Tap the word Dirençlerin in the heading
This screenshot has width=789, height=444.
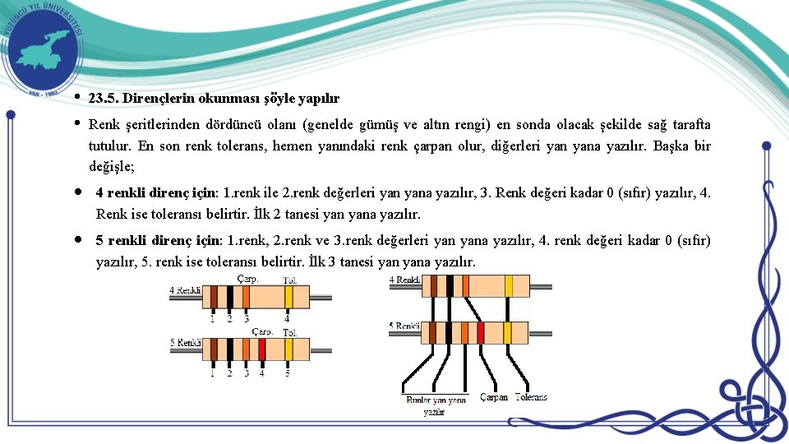[x=163, y=98]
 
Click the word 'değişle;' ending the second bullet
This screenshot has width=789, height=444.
[x=112, y=165]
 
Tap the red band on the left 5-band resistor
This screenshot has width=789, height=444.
[x=261, y=350]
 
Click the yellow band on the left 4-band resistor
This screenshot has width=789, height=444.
[x=286, y=297]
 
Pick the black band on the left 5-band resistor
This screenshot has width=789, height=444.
[x=229, y=350]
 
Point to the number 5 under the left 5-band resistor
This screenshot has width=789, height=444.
[x=287, y=372]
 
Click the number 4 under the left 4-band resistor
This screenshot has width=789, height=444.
[x=286, y=318]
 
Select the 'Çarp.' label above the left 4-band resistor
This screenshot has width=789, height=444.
[x=247, y=280]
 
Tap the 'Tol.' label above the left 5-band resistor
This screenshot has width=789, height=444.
[x=290, y=332]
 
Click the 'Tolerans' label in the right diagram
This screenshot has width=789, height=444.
[x=531, y=397]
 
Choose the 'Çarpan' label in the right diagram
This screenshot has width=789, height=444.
[x=494, y=397]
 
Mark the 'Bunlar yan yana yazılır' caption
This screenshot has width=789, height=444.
[x=436, y=405]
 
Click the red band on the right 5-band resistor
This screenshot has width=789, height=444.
[x=481, y=332]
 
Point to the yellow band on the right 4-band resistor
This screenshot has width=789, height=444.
[x=509, y=285]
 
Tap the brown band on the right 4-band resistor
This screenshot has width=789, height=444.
[x=434, y=285]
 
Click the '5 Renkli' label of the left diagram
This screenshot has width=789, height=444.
[x=185, y=342]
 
